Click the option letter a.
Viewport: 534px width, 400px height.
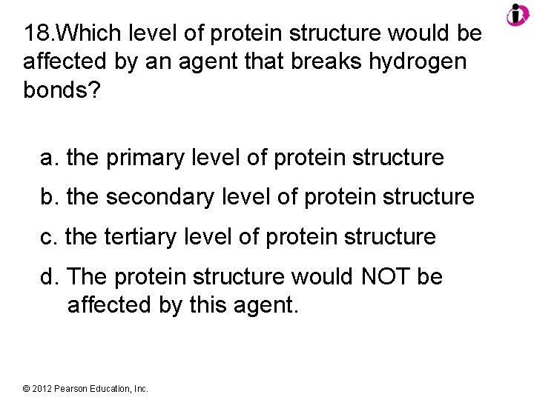click(x=49, y=158)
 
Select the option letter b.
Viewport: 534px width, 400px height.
click(x=49, y=197)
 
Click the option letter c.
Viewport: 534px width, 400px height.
click(x=48, y=237)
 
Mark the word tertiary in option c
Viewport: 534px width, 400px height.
click(x=137, y=237)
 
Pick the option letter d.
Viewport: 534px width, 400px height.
click(x=49, y=277)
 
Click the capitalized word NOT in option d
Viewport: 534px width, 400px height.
click(x=380, y=277)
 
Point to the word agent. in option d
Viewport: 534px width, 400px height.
click(x=266, y=304)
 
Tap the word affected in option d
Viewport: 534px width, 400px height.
click(x=108, y=304)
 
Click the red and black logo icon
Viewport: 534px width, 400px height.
click(x=517, y=14)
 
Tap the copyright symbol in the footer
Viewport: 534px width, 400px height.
click(x=27, y=388)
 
